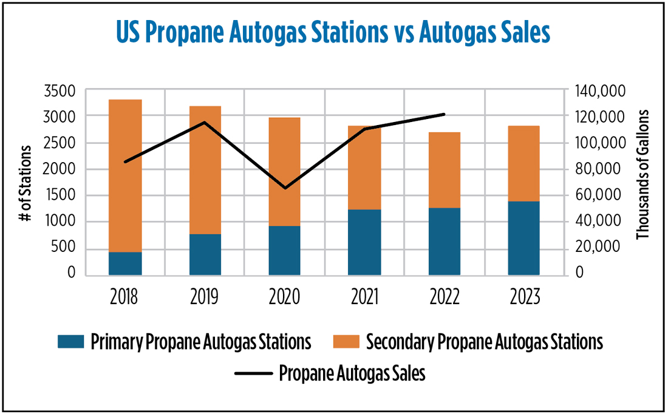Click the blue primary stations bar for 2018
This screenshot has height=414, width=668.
[124, 263]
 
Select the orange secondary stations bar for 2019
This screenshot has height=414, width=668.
[205, 170]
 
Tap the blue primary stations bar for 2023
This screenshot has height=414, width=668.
[523, 238]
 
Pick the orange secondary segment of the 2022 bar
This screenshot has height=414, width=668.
[444, 170]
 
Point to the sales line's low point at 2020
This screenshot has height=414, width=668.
[285, 188]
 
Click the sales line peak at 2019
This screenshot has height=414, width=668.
[205, 123]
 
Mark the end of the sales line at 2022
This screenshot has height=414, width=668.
[444, 114]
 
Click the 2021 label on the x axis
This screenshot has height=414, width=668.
[364, 297]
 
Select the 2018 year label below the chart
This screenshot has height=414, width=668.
[124, 297]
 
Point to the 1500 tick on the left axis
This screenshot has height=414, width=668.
[62, 195]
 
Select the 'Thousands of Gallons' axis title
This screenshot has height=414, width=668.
[643, 175]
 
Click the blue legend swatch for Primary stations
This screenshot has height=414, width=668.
[70, 342]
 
